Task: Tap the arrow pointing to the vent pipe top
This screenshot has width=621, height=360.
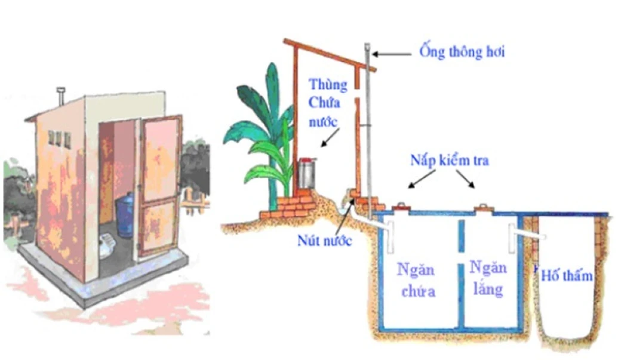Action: tap(394, 53)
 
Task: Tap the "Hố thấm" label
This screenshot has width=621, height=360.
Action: tap(567, 276)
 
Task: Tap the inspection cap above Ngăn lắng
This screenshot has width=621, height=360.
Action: tap(482, 207)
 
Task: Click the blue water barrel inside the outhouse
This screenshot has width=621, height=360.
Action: tap(124, 218)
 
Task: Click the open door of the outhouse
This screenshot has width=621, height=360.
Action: tap(159, 185)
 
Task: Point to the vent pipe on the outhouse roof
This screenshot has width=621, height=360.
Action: tap(60, 96)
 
